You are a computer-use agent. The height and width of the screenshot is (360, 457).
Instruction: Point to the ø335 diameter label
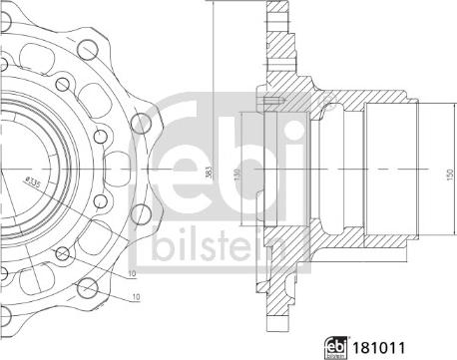(33, 186)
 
